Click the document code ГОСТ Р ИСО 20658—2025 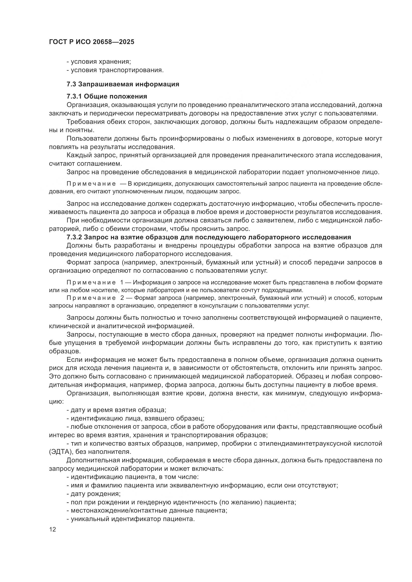92,42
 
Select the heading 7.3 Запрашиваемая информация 123,84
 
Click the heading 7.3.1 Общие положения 107,96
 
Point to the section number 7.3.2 74,237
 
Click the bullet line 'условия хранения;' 99,62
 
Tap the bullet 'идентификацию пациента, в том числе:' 133,477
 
